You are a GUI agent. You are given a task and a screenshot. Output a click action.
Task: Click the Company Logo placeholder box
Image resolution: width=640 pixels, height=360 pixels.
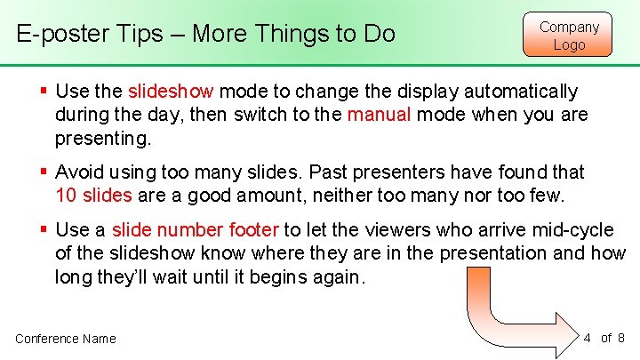[569, 35]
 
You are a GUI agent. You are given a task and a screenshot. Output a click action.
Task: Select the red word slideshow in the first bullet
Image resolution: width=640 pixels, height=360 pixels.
[171, 92]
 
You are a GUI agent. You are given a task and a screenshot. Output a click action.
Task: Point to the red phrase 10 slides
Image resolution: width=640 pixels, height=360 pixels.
[93, 195]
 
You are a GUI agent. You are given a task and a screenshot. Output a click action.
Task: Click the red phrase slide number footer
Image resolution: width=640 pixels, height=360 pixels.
[196, 230]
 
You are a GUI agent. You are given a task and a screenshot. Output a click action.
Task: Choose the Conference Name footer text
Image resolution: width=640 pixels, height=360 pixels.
[66, 338]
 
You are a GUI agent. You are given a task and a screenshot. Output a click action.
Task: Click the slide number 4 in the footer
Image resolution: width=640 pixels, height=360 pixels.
[588, 337]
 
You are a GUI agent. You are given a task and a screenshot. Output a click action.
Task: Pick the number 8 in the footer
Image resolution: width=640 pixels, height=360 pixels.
[620, 337]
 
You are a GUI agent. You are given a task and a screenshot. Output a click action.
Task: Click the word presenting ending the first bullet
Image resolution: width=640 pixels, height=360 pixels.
[103, 138]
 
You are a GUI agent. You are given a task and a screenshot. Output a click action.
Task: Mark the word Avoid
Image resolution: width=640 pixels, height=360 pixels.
[80, 172]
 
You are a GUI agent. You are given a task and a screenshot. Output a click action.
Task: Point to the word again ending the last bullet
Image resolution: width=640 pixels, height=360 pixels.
[335, 276]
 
